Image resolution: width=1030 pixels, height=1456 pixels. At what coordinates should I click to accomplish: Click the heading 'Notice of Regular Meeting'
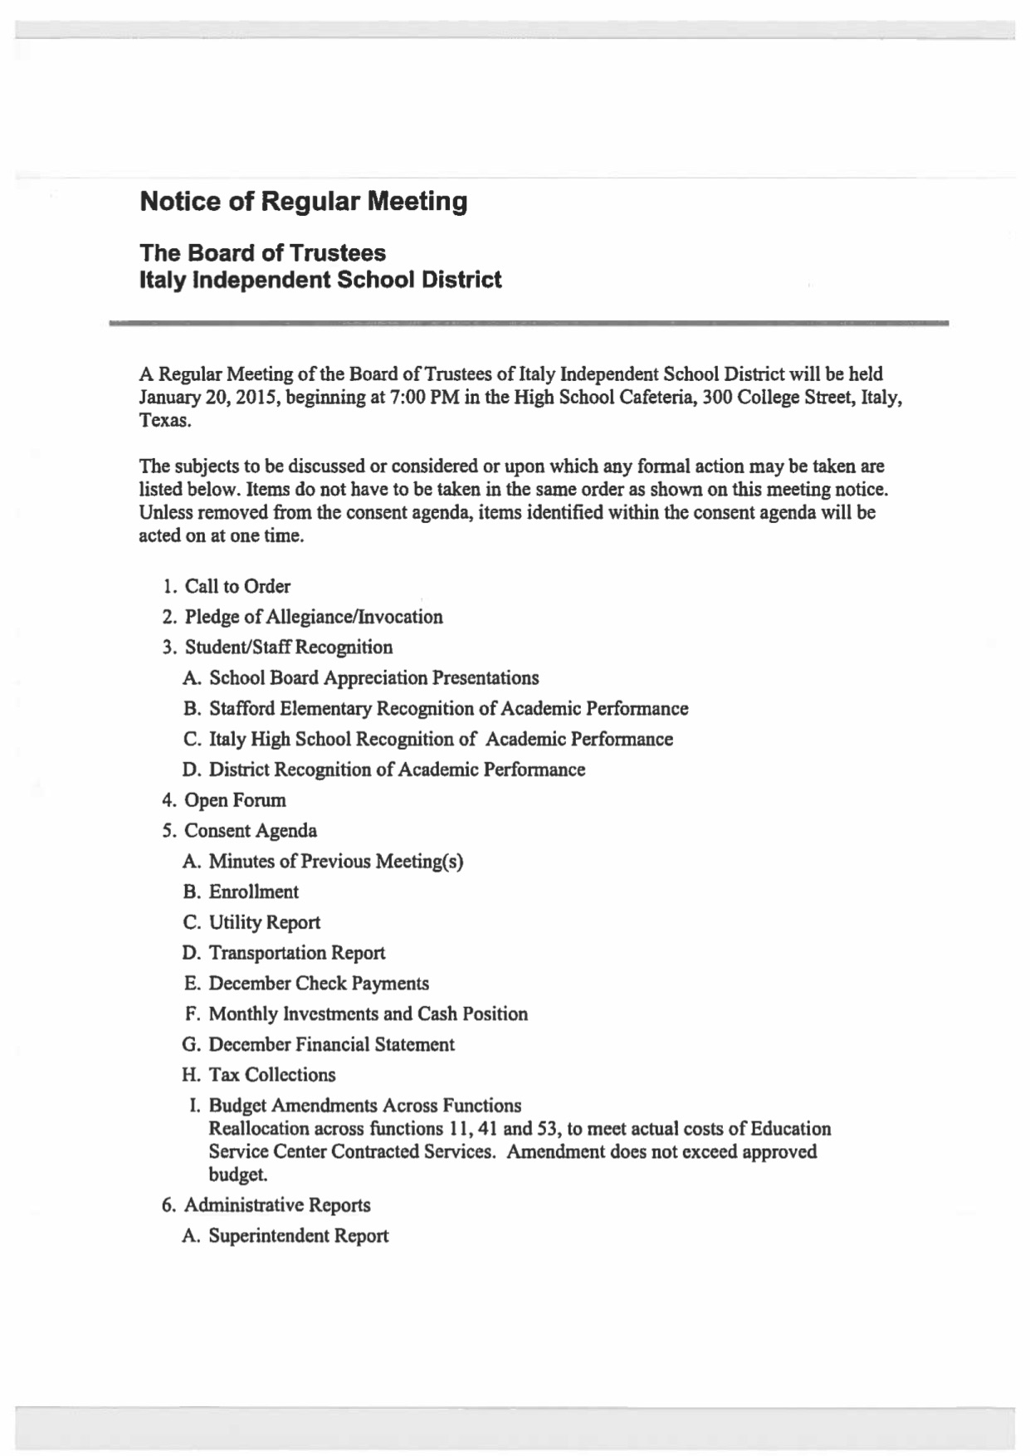click(303, 202)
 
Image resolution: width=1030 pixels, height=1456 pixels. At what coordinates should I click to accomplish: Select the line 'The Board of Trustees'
click(262, 252)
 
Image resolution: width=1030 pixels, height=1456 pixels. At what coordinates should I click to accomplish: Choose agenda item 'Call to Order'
click(237, 587)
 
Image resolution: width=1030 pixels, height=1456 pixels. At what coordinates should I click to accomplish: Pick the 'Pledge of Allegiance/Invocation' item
click(313, 617)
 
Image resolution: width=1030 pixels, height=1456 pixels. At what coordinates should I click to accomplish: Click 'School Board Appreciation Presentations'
click(373, 678)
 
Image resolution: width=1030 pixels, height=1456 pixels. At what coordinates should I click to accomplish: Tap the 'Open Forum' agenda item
click(235, 800)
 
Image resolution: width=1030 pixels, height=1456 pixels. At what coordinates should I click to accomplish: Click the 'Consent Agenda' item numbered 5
click(250, 831)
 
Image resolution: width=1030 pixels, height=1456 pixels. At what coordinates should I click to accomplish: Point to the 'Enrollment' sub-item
click(253, 892)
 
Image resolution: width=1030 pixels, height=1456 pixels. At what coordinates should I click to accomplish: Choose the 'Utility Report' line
click(264, 923)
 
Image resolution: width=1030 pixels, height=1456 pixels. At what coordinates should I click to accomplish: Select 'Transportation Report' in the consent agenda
click(296, 953)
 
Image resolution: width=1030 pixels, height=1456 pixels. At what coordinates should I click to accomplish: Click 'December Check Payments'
click(319, 984)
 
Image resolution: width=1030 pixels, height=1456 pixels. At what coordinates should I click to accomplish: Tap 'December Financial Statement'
click(331, 1044)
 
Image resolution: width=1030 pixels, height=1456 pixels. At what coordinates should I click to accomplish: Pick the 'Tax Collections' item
click(272, 1075)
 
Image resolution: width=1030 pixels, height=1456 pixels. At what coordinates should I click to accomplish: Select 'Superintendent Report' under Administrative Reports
click(298, 1236)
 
